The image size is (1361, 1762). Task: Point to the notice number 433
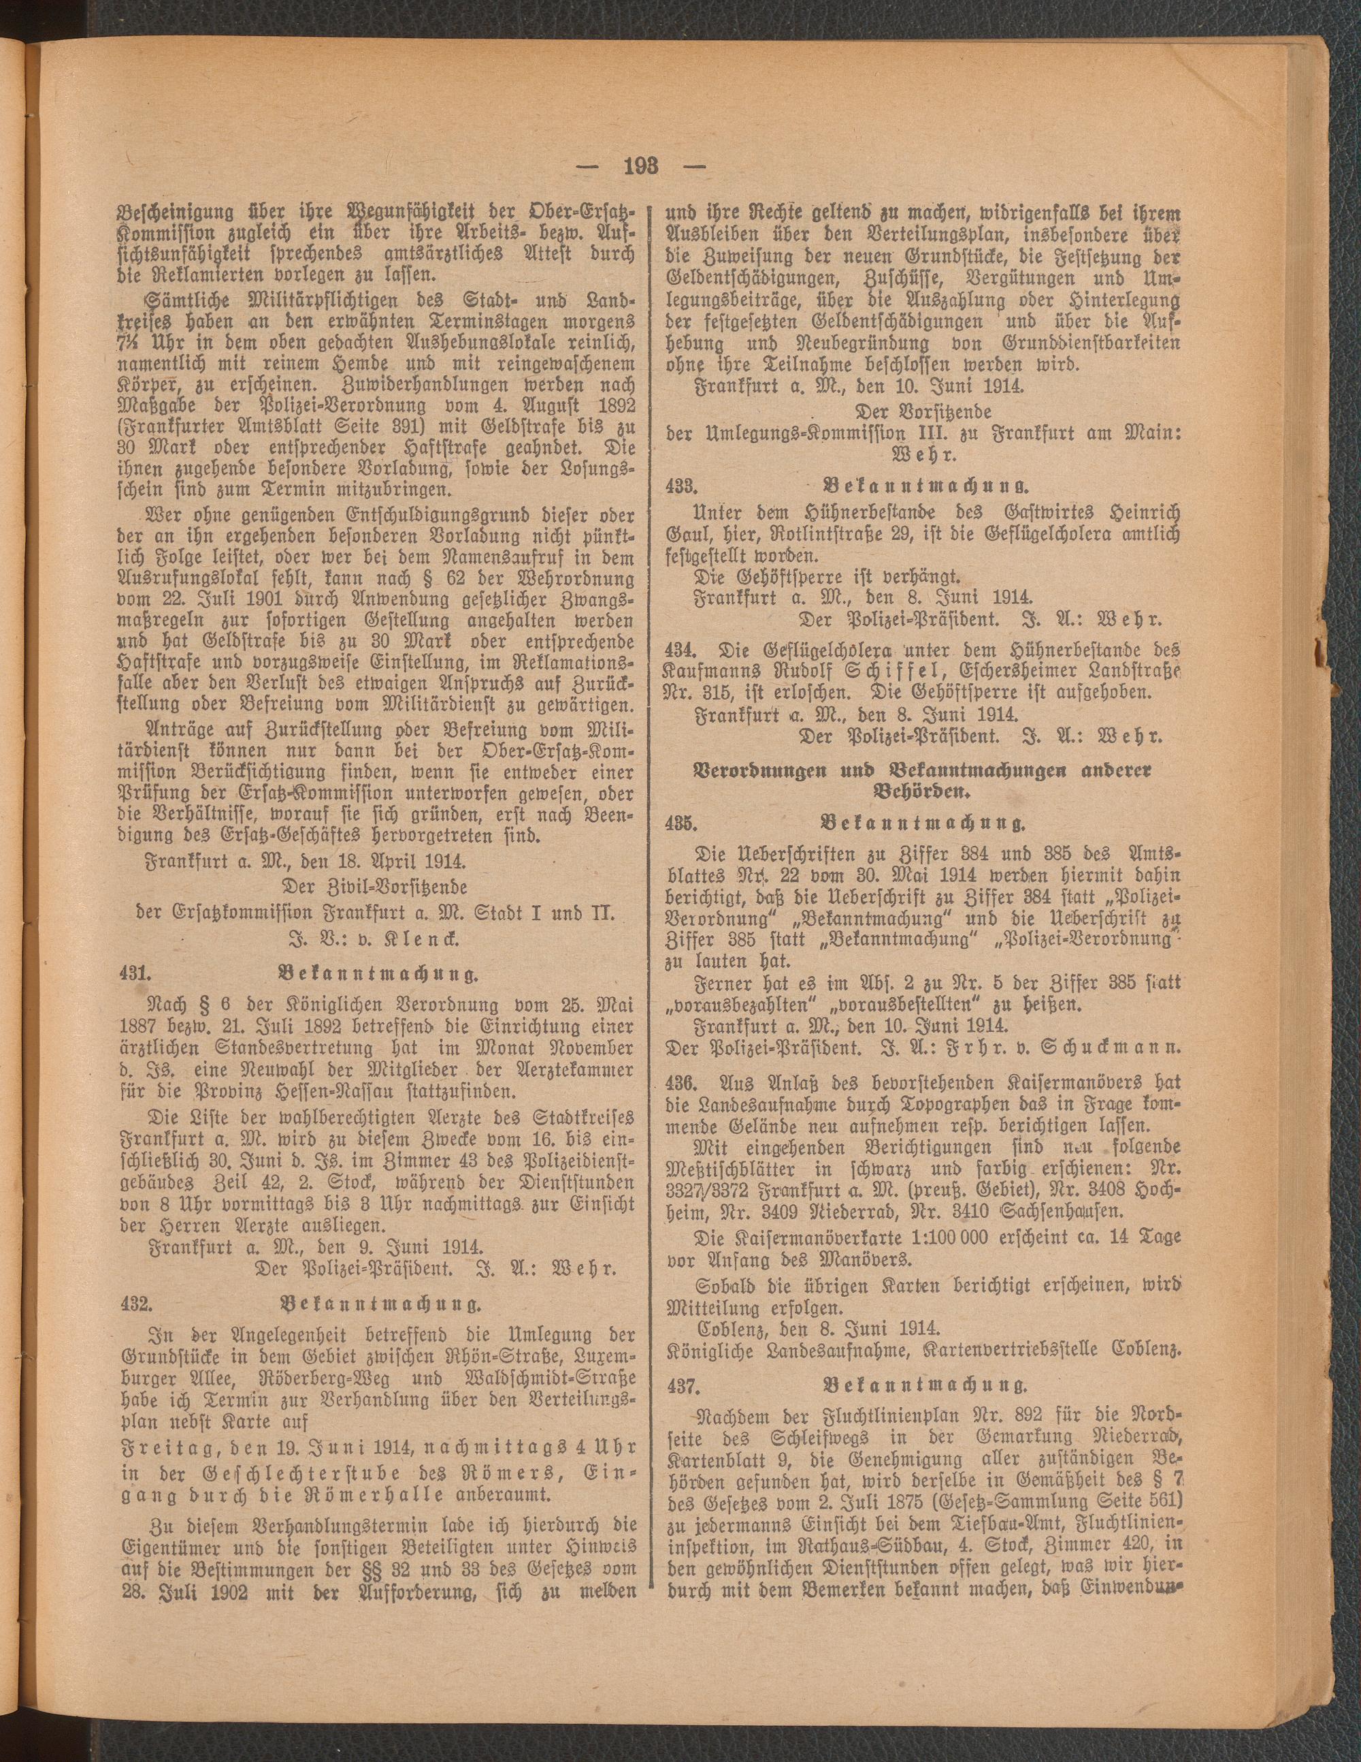(682, 486)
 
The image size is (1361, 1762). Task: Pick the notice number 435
(682, 823)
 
